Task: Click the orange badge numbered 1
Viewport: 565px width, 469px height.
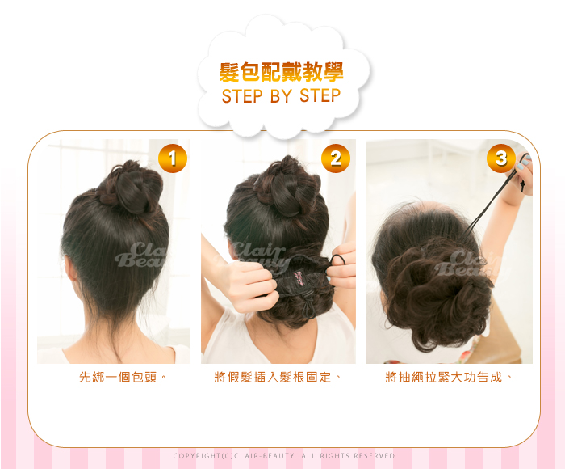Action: point(173,158)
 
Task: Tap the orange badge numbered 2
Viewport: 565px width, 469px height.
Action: point(336,158)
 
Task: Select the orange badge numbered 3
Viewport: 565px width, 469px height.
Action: point(501,158)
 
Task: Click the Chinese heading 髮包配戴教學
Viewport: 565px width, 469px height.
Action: point(281,72)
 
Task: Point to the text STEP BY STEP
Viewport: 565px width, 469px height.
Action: point(281,96)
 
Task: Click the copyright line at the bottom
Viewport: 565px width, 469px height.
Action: point(284,456)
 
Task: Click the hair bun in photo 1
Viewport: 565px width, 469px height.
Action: point(132,187)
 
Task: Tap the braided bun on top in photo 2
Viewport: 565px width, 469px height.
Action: point(287,187)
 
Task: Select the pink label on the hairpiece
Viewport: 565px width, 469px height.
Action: point(299,279)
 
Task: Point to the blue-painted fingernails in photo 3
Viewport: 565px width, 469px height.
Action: point(523,163)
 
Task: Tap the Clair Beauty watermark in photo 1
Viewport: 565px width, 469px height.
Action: point(141,255)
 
